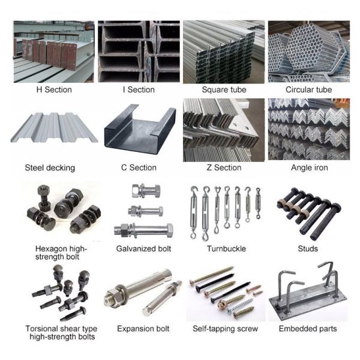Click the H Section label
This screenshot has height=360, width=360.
(54, 90)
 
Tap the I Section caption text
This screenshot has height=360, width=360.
(139, 90)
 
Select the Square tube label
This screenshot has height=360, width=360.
(224, 90)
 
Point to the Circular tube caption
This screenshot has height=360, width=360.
(309, 90)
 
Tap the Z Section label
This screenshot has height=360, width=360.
(224, 168)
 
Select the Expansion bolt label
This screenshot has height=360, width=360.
(143, 329)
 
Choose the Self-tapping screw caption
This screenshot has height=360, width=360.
(225, 329)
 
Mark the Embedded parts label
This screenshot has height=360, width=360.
(308, 329)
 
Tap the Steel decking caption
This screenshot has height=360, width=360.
(50, 168)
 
